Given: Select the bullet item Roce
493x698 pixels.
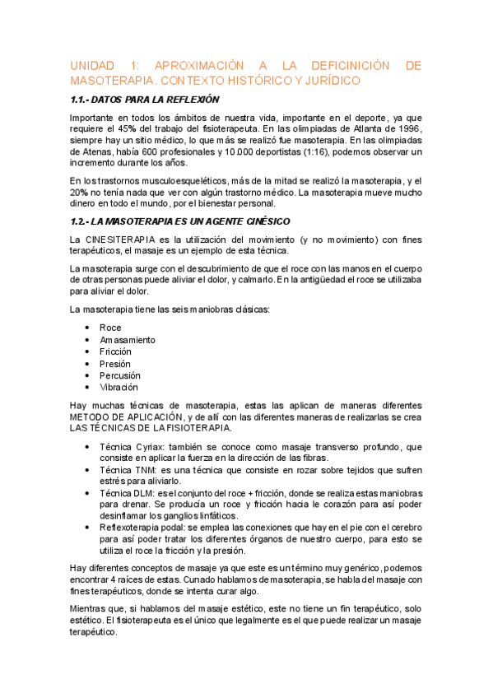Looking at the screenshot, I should [x=110, y=328].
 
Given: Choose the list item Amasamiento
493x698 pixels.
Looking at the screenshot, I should [x=127, y=340].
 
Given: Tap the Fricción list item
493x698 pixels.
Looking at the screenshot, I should [x=115, y=351].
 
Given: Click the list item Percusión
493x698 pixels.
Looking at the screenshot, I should [x=119, y=375].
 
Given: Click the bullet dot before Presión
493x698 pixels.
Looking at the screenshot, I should [x=87, y=364].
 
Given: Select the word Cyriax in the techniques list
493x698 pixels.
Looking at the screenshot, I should [x=149, y=446].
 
